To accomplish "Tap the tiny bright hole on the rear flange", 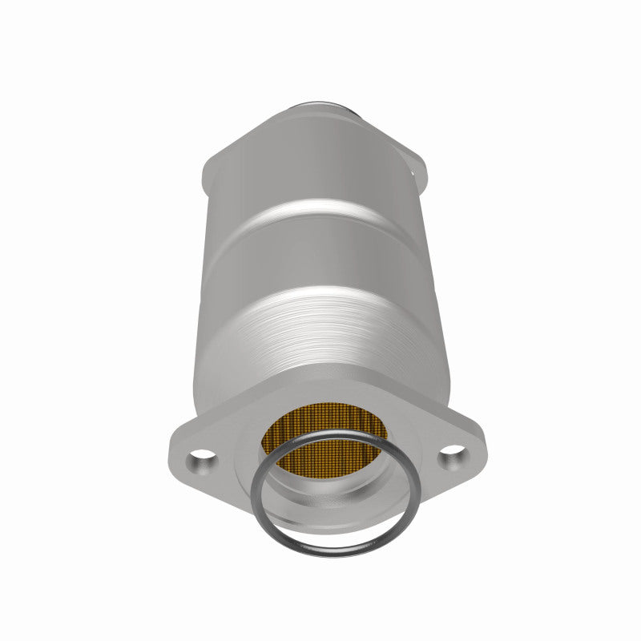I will (416, 169).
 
